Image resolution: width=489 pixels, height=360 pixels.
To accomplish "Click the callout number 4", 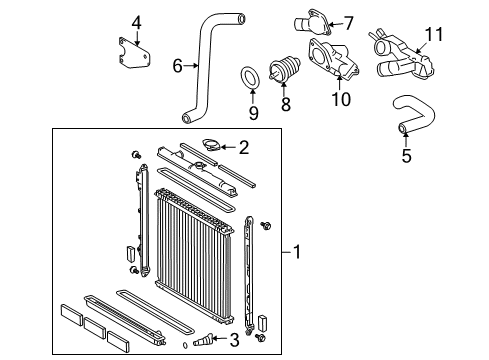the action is [136, 23].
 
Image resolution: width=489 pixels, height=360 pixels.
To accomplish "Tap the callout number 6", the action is [178, 66].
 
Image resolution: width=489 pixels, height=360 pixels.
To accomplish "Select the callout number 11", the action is [434, 34].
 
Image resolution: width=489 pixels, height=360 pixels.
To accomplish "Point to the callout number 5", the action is [406, 155].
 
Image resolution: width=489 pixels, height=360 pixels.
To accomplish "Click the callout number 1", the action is [296, 252].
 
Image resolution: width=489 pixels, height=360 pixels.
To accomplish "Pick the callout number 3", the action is [235, 340].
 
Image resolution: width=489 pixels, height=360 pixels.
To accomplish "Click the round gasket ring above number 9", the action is [251, 78].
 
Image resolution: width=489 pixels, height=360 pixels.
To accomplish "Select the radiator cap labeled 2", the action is [211, 145].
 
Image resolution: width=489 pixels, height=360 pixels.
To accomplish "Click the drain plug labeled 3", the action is [202, 340].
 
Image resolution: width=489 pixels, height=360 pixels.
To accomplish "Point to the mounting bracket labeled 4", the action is [133, 53].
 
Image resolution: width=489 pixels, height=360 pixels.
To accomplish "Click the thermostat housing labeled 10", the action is [333, 60].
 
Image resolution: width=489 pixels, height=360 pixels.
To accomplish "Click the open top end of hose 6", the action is [240, 18].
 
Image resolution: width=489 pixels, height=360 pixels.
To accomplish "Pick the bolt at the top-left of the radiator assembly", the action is [136, 155].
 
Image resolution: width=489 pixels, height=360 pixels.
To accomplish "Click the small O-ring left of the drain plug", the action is [185, 345].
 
